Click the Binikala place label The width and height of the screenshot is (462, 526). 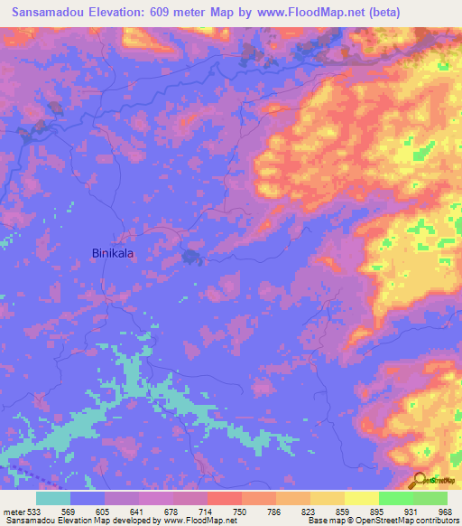(113, 255)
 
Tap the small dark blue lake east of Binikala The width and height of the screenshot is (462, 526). (190, 258)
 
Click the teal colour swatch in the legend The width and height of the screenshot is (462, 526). (53, 498)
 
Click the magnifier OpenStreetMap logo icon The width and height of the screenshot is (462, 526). (419, 479)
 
